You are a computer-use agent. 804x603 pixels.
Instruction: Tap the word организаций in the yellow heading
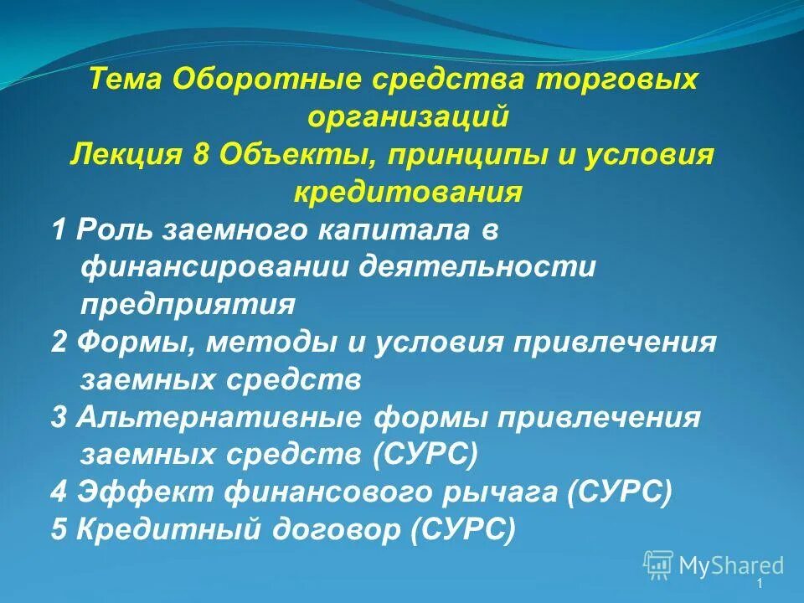click(x=408, y=117)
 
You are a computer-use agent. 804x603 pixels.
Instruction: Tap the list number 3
click(x=59, y=417)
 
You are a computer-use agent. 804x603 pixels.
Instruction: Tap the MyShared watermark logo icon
click(x=658, y=564)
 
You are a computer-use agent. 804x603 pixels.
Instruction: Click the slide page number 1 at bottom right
click(x=759, y=584)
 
